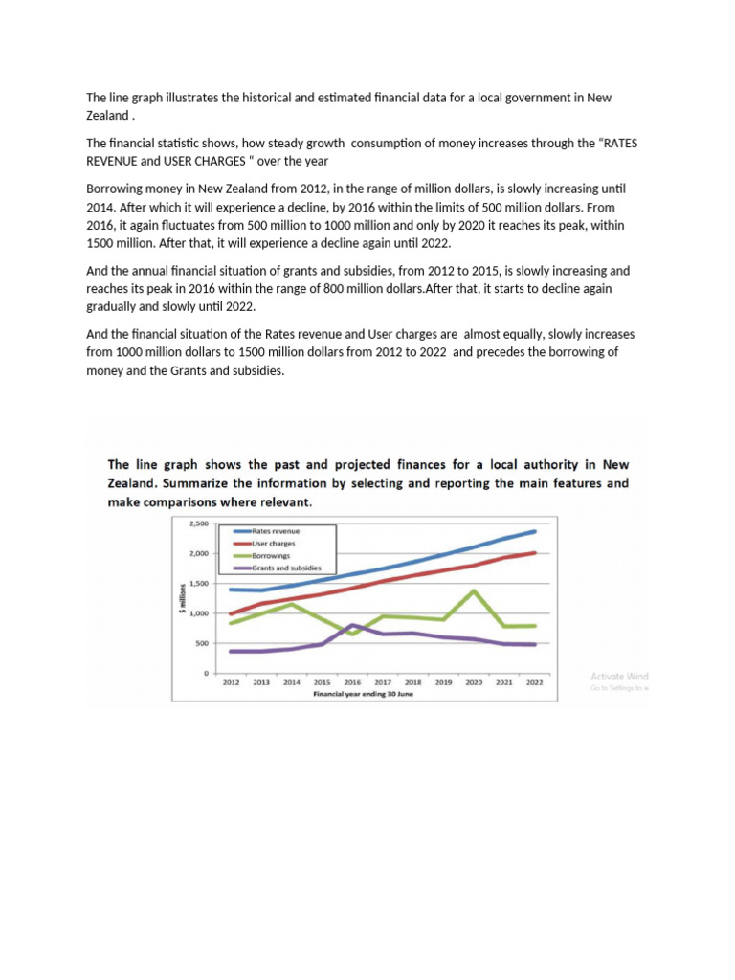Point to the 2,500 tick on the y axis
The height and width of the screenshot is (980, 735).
[x=198, y=524]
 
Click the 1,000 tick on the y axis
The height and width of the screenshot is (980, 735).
[x=198, y=613]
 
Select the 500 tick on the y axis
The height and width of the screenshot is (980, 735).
[x=201, y=644]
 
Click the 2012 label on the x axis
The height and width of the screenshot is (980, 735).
[x=231, y=683]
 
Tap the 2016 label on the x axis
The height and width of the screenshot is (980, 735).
[x=353, y=683]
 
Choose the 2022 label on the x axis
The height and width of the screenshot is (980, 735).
[x=534, y=683]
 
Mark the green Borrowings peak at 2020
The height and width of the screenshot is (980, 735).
[x=474, y=590]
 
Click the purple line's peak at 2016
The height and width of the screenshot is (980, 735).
[x=353, y=625]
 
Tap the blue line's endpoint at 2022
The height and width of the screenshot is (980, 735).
[x=535, y=531]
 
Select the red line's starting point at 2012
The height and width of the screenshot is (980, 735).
[x=231, y=614]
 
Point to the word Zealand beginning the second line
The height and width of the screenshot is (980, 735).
[x=106, y=115]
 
